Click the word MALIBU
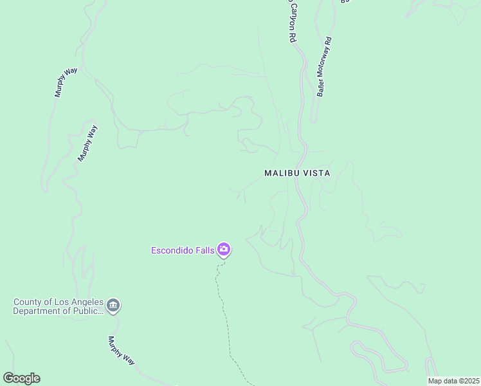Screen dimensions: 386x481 coord(282,173)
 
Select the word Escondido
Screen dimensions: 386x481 coord(172,250)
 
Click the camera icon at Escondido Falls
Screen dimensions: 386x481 coord(224,249)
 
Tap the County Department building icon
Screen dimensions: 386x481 coord(113,306)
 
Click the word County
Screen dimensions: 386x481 coord(28,302)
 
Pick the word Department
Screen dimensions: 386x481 coord(39,311)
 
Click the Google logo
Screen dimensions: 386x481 coord(21,378)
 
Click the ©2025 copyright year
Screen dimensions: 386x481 coord(469,381)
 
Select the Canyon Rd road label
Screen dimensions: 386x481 coord(290,23)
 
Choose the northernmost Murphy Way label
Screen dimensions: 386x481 coord(66,82)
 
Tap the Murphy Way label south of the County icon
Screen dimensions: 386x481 coord(121,351)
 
